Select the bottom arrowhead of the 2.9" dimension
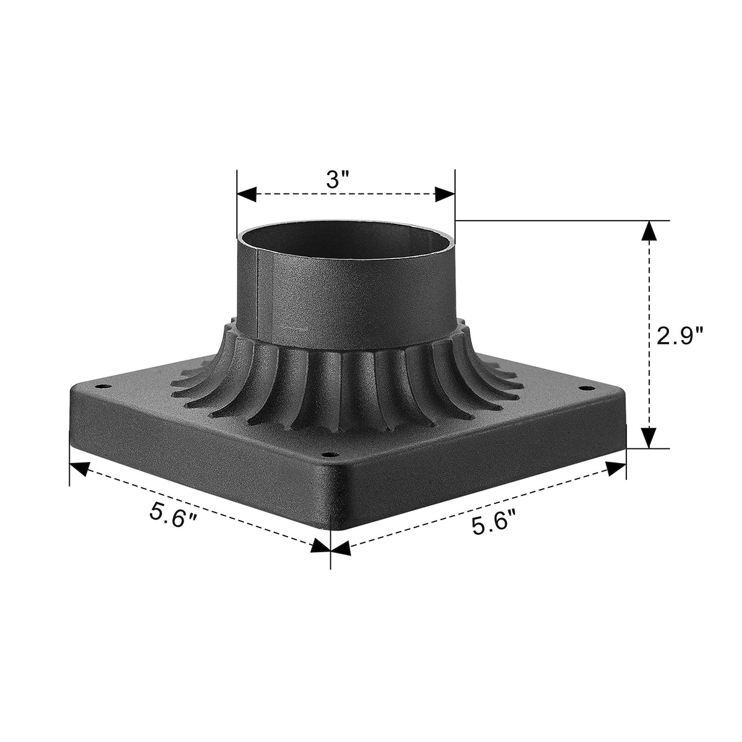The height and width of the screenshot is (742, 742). [x=648, y=438]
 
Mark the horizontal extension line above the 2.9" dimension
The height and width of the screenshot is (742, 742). [x=556, y=220]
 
